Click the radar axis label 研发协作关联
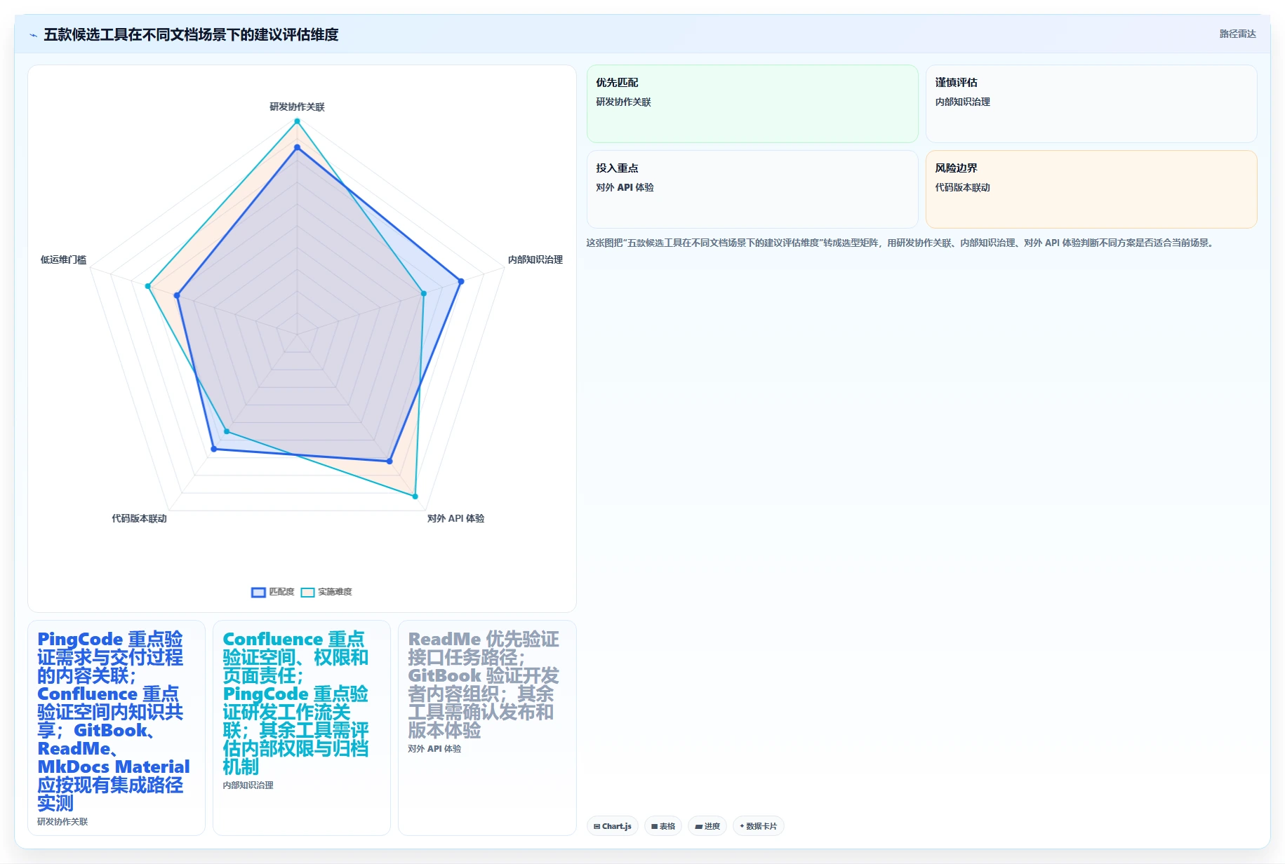pos(297,107)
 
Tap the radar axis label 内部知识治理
pos(535,259)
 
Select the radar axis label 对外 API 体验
pos(455,518)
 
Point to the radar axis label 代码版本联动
pos(139,518)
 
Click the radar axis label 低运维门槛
pos(63,259)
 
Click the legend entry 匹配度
pos(273,592)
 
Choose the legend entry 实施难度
pos(326,592)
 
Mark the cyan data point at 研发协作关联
pos(297,121)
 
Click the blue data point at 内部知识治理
pos(461,281)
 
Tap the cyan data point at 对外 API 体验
pos(415,497)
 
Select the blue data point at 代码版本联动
pos(214,449)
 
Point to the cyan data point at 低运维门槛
pos(147,286)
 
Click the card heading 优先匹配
pos(617,83)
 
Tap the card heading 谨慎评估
pos(956,83)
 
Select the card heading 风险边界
pos(956,168)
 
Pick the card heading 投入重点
pos(617,168)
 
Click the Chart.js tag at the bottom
pos(613,826)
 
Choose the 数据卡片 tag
pos(759,826)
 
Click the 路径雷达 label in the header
pos(1237,34)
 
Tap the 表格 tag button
pos(663,826)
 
